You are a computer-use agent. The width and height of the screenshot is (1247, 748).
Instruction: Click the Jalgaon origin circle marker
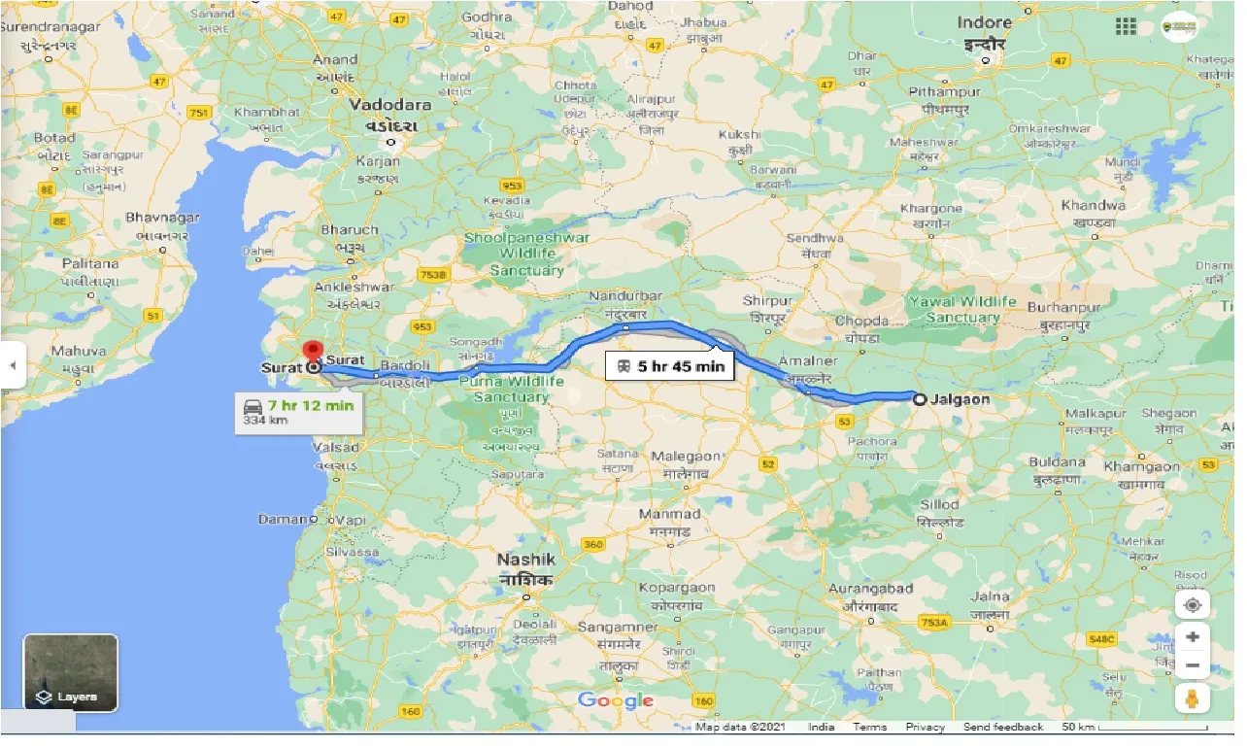click(x=919, y=397)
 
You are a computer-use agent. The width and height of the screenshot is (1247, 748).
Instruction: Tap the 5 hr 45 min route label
click(x=668, y=367)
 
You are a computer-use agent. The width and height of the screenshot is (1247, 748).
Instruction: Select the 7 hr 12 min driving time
click(x=311, y=405)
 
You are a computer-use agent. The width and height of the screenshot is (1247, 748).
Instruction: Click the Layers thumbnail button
click(x=71, y=672)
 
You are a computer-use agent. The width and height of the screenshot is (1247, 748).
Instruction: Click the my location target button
click(x=1192, y=605)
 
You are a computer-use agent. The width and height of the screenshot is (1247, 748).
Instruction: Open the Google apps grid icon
click(x=1127, y=26)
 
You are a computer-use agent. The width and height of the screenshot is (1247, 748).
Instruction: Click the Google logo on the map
click(x=616, y=700)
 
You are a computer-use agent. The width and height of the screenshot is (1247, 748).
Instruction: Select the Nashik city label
click(x=526, y=560)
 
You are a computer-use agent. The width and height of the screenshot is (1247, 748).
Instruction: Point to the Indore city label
click(x=985, y=22)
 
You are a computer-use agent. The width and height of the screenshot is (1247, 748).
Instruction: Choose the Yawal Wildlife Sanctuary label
click(x=961, y=309)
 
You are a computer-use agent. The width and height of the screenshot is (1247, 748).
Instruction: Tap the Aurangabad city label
click(x=870, y=589)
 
